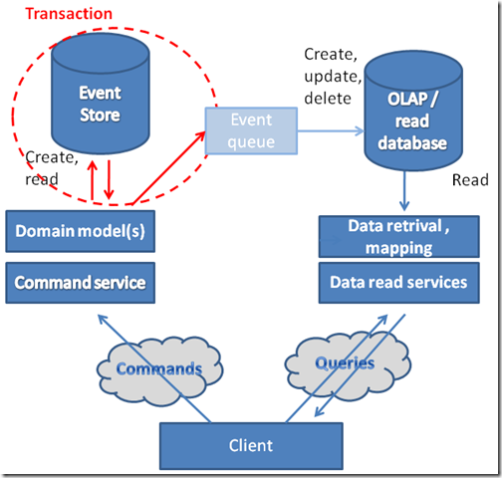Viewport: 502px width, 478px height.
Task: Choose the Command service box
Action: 81,283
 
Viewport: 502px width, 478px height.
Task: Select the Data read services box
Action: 398,283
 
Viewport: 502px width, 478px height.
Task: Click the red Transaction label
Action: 68,14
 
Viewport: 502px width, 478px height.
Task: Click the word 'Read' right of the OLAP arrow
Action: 470,181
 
